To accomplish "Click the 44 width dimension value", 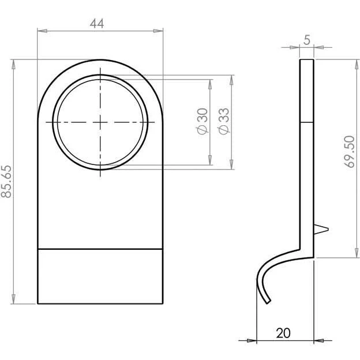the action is (97, 23).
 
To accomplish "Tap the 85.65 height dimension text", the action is (6, 181).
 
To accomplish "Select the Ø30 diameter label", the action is (202, 121).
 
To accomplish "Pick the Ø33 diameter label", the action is (224, 121).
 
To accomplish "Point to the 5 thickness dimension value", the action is (307, 40).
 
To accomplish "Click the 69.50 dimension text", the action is (350, 152).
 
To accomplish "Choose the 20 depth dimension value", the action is (283, 333).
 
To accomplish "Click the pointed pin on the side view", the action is (321, 230).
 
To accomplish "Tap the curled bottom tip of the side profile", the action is (268, 302).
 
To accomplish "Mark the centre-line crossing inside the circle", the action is (100, 122).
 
